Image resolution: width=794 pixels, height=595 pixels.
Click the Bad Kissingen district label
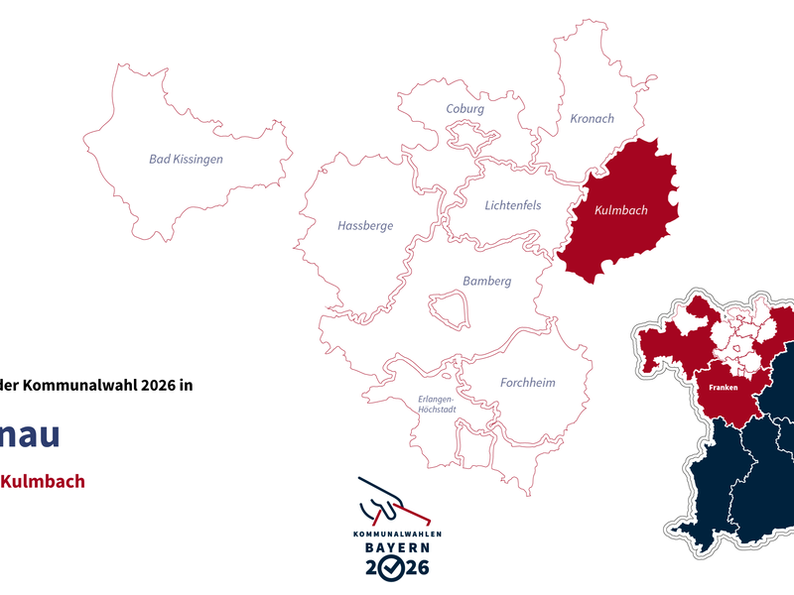186,159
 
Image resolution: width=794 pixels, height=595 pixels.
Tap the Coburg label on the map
464,109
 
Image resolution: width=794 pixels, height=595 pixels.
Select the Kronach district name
592,119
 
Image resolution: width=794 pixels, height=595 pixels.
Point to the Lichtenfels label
513,205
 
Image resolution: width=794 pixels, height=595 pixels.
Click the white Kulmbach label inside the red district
620,211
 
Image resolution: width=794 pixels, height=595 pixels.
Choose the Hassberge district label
365,226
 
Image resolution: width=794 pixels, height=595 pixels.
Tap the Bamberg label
486,282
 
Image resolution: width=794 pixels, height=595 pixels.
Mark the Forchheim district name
527,383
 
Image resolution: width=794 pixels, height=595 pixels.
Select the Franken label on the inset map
724,389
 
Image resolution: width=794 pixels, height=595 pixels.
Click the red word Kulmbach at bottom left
42,482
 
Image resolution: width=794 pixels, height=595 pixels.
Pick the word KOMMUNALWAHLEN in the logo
397,534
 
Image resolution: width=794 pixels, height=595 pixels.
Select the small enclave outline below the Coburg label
466,134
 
